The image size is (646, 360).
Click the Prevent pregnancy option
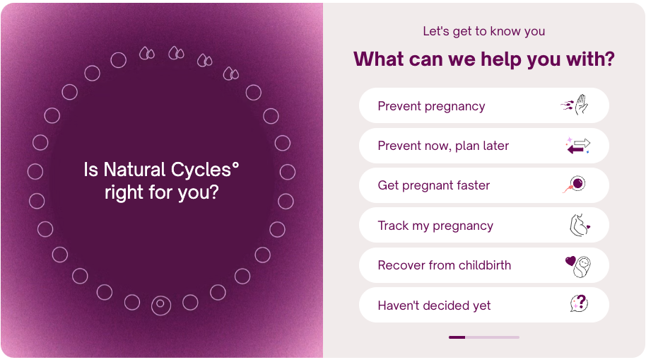[x=483, y=105]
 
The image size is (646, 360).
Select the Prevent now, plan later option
[x=483, y=146]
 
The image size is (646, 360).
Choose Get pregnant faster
[x=483, y=185]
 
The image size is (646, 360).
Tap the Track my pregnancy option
[x=483, y=225]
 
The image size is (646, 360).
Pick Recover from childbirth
[x=483, y=265]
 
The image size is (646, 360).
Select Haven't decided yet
[x=483, y=305]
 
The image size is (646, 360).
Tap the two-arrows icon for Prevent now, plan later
[x=578, y=146]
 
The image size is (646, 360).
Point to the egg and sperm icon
[x=575, y=185]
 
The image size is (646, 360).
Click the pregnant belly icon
[x=580, y=225]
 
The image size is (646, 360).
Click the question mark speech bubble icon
[x=579, y=304]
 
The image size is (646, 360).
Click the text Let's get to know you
[x=483, y=31]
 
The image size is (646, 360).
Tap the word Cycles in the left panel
[x=201, y=170]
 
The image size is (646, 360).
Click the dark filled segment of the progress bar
[x=457, y=337]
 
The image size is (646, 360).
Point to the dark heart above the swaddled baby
[x=570, y=260]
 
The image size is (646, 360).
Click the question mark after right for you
[x=213, y=192]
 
